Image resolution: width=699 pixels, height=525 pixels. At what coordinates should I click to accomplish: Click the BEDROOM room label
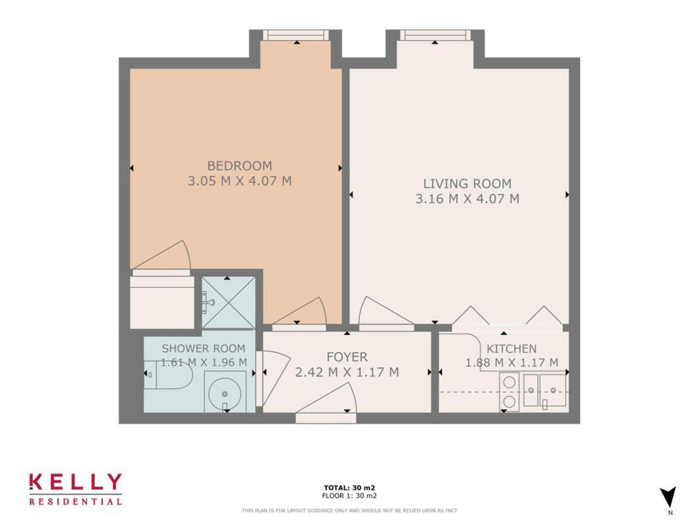pyautogui.click(x=239, y=166)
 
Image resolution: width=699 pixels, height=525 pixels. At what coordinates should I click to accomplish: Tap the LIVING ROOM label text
pyautogui.click(x=467, y=183)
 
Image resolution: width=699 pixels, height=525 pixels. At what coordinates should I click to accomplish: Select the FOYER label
pyautogui.click(x=347, y=356)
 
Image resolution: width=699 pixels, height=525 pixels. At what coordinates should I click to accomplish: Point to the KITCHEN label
pyautogui.click(x=511, y=349)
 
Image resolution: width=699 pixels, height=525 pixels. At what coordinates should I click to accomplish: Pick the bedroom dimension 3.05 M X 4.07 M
pyautogui.click(x=239, y=181)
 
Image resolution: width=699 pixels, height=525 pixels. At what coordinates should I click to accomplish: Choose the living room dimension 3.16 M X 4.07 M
pyautogui.click(x=467, y=199)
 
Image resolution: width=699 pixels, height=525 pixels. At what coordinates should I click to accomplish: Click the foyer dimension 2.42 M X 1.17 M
pyautogui.click(x=347, y=372)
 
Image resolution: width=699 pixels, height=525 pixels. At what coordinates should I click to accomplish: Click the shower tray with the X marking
pyautogui.click(x=228, y=302)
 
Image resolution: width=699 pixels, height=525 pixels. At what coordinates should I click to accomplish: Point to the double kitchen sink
pyautogui.click(x=545, y=390)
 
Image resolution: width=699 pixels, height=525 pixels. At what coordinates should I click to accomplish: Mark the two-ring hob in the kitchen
pyautogui.click(x=509, y=392)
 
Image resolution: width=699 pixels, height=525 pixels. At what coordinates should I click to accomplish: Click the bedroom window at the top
pyautogui.click(x=296, y=36)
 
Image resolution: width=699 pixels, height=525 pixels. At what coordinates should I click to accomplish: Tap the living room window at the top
pyautogui.click(x=435, y=36)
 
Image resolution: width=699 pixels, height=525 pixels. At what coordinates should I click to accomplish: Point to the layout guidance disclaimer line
pyautogui.click(x=349, y=510)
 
